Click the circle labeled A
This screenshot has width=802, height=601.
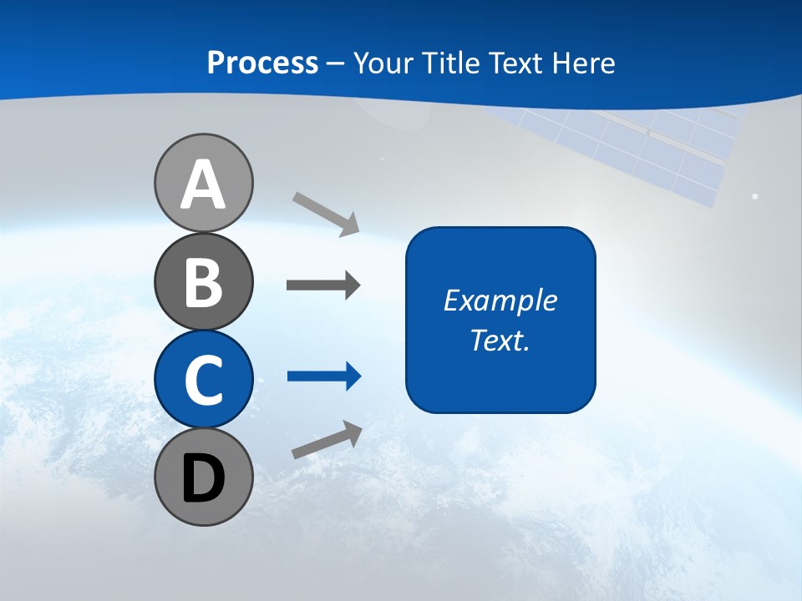click(x=203, y=184)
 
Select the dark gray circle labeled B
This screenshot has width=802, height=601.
click(x=203, y=282)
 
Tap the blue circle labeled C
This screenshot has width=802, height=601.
click(x=203, y=380)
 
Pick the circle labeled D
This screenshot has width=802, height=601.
click(x=203, y=477)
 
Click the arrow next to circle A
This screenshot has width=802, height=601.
click(x=326, y=213)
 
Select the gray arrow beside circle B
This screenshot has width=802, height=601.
click(x=323, y=285)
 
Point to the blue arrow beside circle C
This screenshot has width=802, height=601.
click(x=324, y=376)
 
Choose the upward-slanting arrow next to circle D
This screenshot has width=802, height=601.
click(x=327, y=440)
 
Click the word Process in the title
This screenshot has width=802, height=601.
click(x=262, y=63)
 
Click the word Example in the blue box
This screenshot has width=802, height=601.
click(x=500, y=300)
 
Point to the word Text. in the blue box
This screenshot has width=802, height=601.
click(x=500, y=340)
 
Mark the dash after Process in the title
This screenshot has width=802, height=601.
click(x=336, y=63)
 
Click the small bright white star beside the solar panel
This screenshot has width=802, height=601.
click(x=755, y=196)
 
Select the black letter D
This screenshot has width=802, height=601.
click(x=203, y=478)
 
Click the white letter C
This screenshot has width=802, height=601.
click(x=203, y=381)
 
